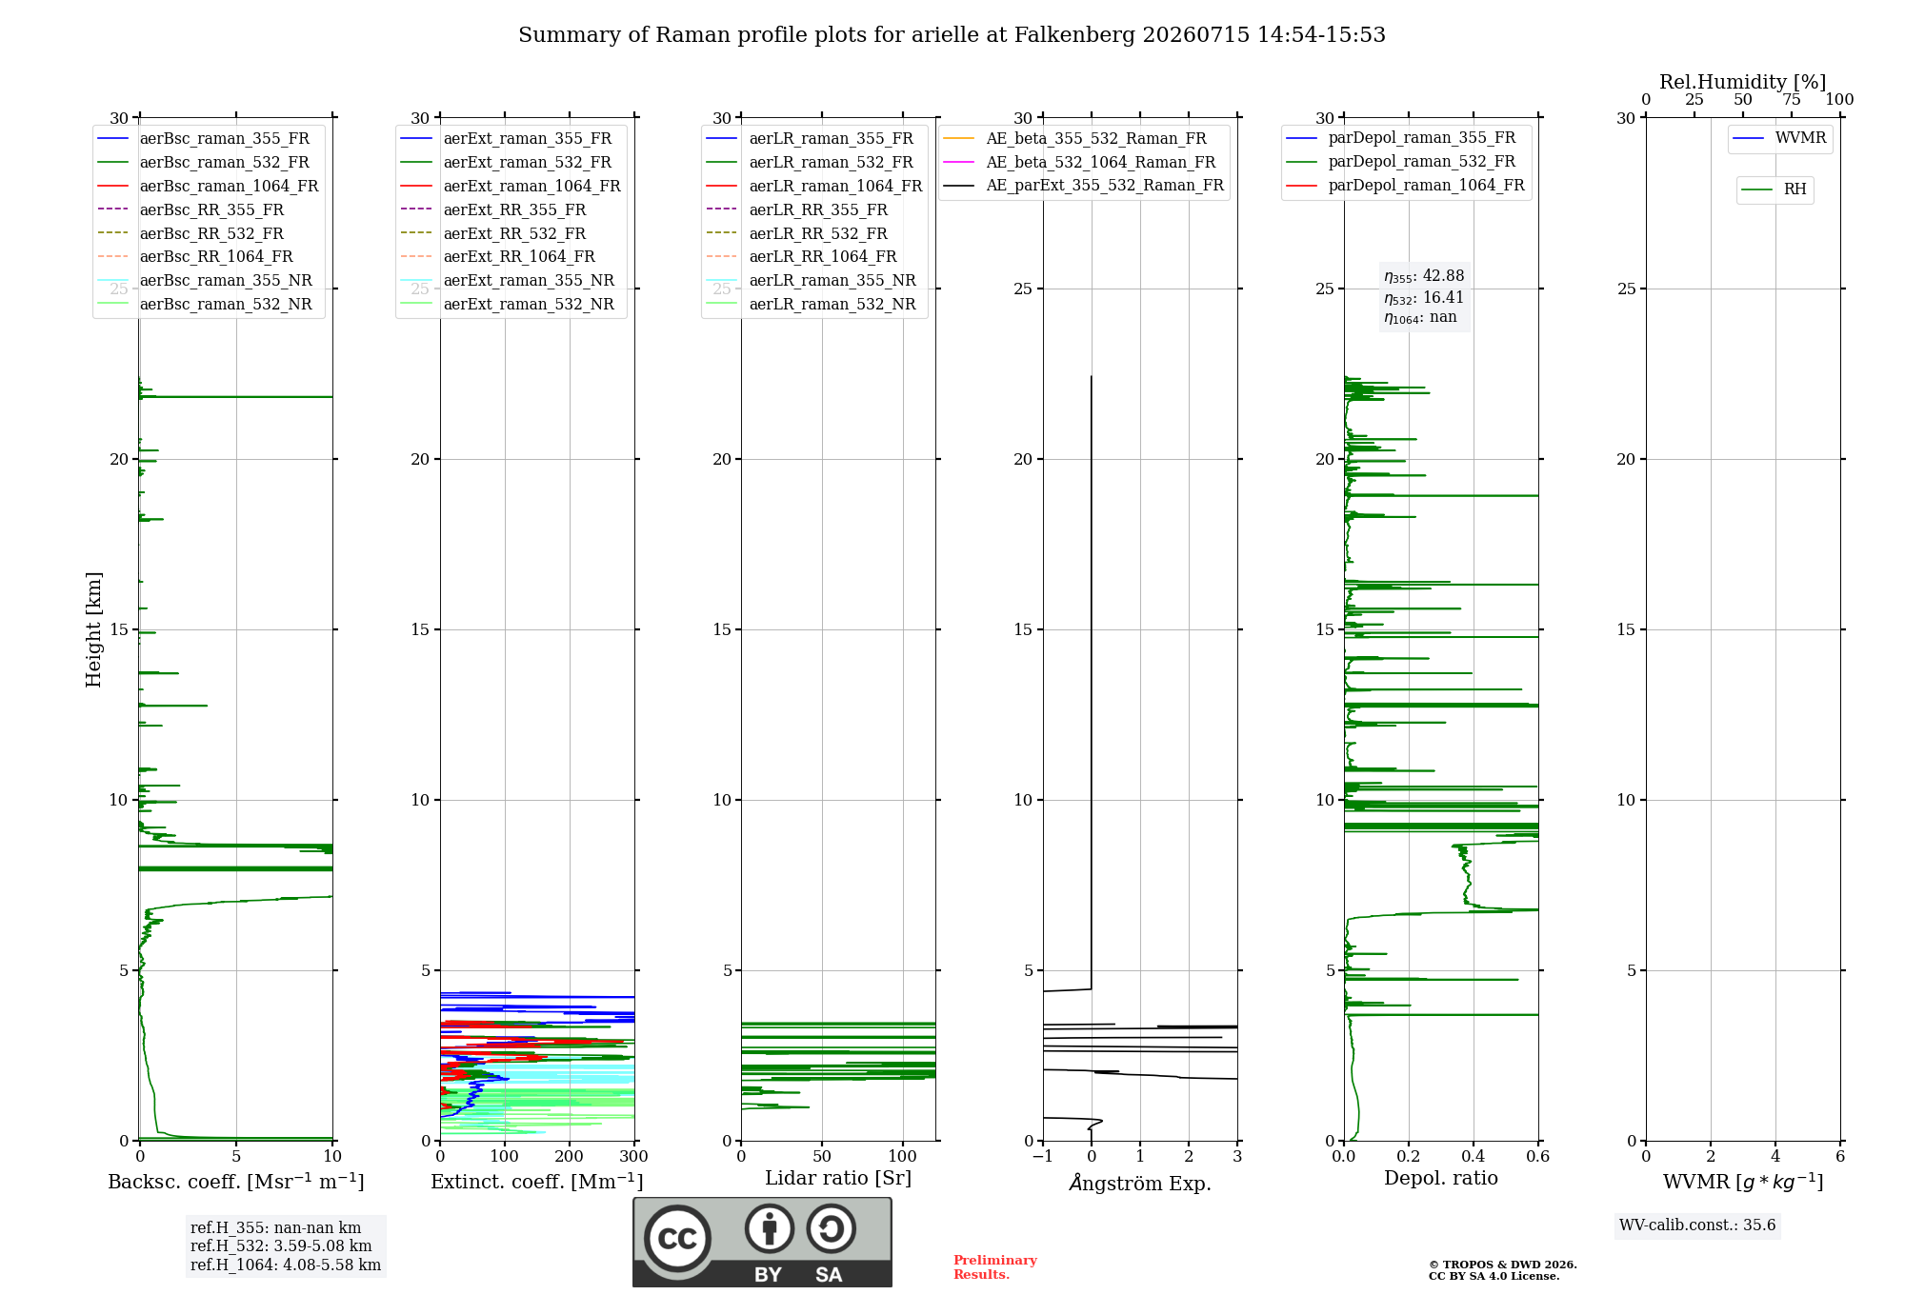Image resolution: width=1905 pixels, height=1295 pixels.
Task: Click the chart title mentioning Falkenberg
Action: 952,35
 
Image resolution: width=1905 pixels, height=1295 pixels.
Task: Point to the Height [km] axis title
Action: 93,629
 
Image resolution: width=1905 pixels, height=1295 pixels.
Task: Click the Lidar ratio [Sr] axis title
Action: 838,1178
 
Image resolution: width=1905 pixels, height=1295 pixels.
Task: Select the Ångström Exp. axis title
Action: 1140,1183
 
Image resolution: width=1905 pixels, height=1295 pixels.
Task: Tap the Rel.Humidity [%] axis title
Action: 1743,82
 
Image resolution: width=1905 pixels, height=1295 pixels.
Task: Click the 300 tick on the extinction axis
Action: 634,1156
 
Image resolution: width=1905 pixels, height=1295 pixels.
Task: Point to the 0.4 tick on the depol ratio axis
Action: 1474,1156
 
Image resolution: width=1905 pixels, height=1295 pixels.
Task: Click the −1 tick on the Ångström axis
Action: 1043,1156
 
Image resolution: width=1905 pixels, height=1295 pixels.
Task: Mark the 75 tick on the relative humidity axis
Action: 1792,99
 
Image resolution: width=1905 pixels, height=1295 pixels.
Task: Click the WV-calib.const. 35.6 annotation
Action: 1697,1225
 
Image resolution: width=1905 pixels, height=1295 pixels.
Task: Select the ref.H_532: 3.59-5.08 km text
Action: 281,1246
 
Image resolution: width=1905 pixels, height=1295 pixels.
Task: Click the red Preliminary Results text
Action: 995,1267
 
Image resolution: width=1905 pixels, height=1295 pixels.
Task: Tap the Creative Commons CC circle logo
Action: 677,1238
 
